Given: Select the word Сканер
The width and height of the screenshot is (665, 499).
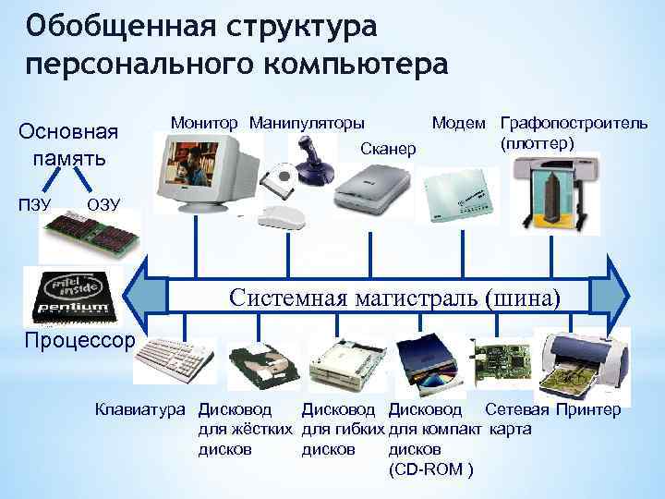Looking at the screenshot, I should [x=388, y=149].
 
